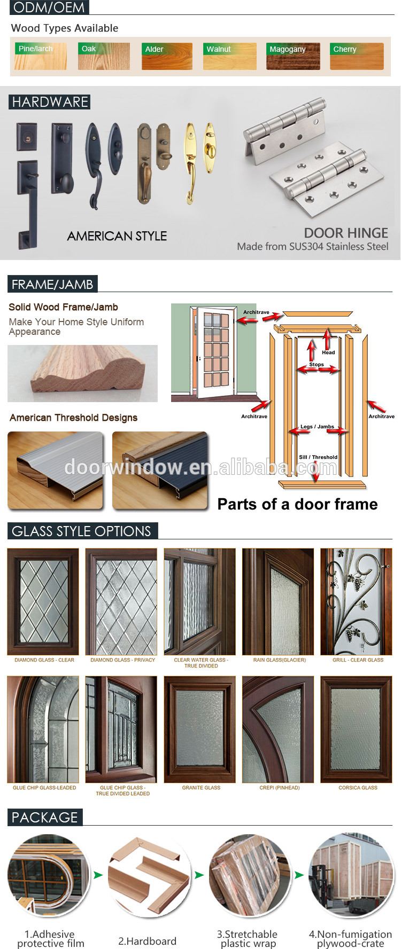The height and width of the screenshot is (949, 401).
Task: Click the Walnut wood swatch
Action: tap(230, 56)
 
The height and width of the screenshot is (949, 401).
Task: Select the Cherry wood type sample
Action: tap(357, 56)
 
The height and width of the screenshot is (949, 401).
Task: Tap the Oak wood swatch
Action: tap(104, 56)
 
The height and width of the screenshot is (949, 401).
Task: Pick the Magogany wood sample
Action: tap(293, 56)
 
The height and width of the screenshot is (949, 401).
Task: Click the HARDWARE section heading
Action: tap(50, 102)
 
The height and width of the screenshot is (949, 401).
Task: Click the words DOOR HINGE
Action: tap(346, 233)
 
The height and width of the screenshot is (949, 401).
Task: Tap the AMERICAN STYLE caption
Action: tap(117, 236)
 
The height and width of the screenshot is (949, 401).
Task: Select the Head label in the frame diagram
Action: tap(328, 352)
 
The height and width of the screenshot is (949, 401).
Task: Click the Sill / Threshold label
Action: tap(318, 457)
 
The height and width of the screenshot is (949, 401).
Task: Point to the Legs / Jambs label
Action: tap(317, 427)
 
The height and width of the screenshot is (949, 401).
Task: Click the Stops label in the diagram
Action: tap(317, 364)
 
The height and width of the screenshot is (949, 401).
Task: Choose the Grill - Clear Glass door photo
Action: tap(356, 601)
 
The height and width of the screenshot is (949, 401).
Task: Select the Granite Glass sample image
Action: tap(199, 730)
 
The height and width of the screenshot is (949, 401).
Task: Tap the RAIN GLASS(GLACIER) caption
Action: tap(280, 660)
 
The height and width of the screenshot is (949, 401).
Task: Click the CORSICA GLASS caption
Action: tap(358, 788)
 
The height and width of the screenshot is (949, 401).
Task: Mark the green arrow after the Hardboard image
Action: tap(199, 875)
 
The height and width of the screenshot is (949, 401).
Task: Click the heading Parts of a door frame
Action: tap(297, 504)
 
